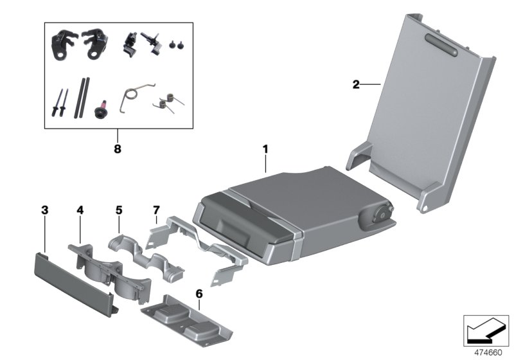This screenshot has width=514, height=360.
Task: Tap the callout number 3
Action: [x=44, y=210]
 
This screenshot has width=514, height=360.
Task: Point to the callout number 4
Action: [x=80, y=210]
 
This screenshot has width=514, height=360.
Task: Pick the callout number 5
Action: [x=118, y=210]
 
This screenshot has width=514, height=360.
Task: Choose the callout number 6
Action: [x=199, y=293]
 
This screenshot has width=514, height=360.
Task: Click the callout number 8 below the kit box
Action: [x=117, y=148]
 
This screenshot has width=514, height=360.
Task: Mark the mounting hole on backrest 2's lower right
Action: [x=423, y=208]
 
